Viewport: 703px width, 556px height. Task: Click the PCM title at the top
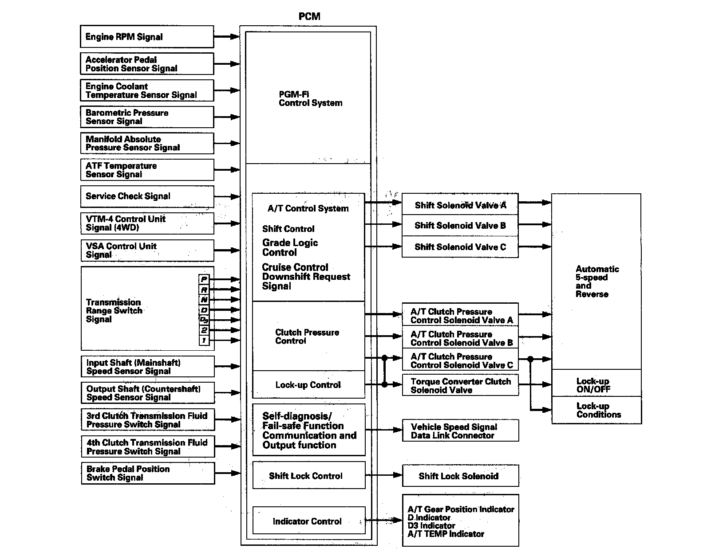(309, 16)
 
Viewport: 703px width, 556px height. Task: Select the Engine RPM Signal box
(146, 37)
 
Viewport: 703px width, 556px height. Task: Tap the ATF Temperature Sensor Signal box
(146, 170)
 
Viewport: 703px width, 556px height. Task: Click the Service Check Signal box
(146, 196)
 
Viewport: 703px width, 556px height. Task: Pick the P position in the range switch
(204, 279)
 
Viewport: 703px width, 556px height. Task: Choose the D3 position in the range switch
(204, 320)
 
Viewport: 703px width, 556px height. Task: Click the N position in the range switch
(204, 300)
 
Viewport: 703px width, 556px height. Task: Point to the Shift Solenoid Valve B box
(460, 226)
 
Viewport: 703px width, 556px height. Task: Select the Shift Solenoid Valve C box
(460, 247)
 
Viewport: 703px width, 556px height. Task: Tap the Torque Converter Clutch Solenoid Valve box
(460, 386)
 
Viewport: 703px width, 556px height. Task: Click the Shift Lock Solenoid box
(460, 476)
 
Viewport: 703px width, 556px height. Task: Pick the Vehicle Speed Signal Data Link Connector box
(460, 431)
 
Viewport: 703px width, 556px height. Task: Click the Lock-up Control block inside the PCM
(308, 385)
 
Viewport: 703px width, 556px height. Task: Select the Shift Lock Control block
(308, 476)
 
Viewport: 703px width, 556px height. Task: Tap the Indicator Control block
(308, 521)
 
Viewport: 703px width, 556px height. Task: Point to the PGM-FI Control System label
(310, 98)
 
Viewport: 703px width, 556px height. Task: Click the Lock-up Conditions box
(596, 410)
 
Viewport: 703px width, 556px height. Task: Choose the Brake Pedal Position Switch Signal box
(147, 473)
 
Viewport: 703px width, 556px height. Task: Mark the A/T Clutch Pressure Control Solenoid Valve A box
(460, 316)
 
